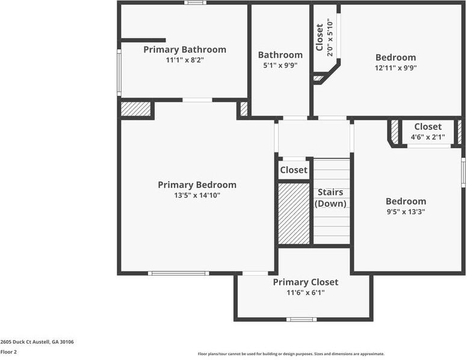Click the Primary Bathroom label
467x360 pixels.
[185, 49]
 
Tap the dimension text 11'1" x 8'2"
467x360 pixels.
[185, 60]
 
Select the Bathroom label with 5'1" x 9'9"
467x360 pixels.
[280, 55]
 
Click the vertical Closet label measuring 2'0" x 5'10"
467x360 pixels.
[320, 37]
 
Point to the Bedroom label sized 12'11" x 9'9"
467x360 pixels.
[395, 58]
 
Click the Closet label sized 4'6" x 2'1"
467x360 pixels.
[428, 127]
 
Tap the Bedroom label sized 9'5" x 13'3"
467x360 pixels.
[406, 202]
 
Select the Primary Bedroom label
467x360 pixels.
[197, 185]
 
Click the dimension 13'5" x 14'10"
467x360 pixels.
[197, 196]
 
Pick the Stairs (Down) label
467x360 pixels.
[330, 198]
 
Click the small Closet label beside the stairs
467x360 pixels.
[294, 170]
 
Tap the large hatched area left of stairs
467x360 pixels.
[294, 214]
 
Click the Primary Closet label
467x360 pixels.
[305, 282]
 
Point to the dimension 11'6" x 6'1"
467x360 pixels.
[305, 293]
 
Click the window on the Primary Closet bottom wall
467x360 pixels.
[301, 319]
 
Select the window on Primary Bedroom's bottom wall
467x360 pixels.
[179, 273]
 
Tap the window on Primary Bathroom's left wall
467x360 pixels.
[119, 72]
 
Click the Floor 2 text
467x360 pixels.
[9, 352]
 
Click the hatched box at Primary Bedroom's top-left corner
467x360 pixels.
[135, 109]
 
